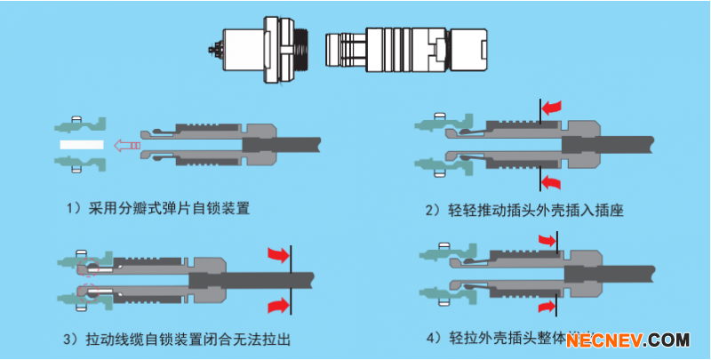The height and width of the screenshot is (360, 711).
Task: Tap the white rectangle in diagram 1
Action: click(x=82, y=143)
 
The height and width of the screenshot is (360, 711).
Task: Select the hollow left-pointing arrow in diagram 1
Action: click(x=126, y=144)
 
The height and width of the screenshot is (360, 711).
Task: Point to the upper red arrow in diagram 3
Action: click(x=279, y=256)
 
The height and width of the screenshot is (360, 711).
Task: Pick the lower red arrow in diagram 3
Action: click(x=279, y=305)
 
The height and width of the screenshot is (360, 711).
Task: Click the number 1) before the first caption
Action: click(x=76, y=210)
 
